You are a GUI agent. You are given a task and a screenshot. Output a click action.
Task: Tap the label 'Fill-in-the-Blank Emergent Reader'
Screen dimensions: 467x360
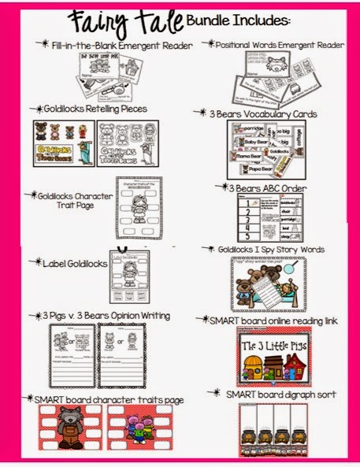coord(121,46)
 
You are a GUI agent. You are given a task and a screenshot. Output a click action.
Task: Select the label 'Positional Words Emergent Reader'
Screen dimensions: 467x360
coord(277,46)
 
